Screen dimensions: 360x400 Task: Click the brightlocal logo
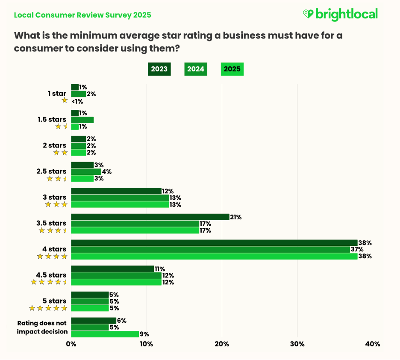340,14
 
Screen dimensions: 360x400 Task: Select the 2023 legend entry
159,69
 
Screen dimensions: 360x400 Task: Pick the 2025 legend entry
232,69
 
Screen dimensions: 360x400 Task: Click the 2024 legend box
196,69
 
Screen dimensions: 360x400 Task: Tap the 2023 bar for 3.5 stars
150,217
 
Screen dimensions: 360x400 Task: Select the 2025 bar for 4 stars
214,257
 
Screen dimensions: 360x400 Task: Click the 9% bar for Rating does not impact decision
105,334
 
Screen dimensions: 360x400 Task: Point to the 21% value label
236,217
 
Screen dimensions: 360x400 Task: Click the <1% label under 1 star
77,101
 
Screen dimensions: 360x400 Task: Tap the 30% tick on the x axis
297,344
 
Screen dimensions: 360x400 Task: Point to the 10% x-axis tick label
146,344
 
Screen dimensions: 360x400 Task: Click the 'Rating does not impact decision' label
42,327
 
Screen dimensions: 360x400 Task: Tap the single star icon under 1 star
65,100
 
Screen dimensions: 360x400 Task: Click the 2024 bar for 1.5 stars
82,120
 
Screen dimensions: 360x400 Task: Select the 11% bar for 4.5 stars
112,269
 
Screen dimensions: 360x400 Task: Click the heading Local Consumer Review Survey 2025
82,15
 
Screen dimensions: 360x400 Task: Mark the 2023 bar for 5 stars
90,295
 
